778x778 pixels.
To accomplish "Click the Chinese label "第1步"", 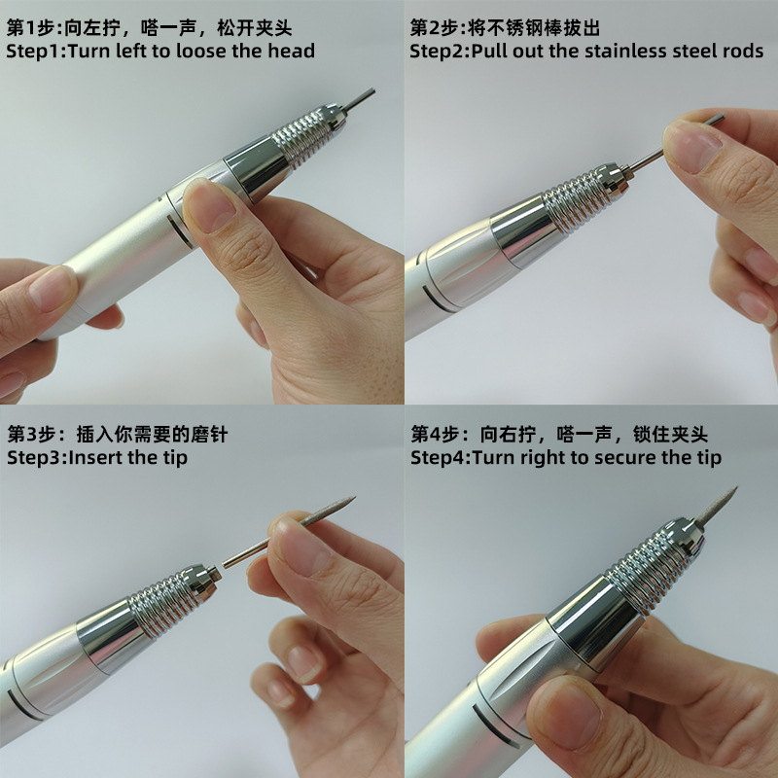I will pos(30,26).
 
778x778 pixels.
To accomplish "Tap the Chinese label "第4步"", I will pos(435,432).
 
